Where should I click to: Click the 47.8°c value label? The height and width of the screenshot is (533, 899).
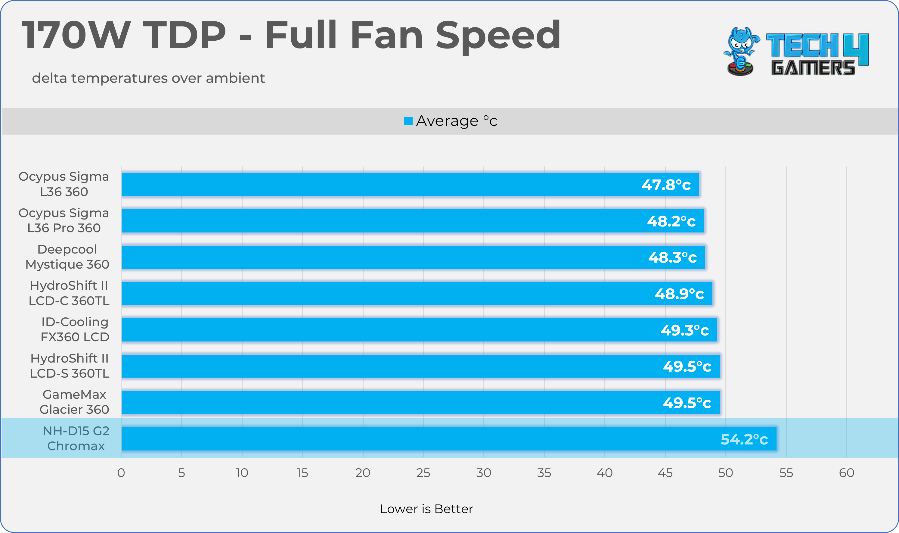click(x=666, y=185)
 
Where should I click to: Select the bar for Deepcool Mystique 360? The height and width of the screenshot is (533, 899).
click(x=413, y=257)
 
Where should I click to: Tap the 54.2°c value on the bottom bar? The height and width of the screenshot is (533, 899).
click(x=744, y=439)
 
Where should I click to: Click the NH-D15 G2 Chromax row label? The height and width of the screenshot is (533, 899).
click(x=76, y=438)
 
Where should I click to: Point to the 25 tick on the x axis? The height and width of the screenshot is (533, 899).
click(x=423, y=473)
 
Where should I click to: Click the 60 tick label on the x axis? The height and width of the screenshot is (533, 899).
click(x=846, y=473)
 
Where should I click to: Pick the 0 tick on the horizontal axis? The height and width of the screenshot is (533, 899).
click(x=121, y=473)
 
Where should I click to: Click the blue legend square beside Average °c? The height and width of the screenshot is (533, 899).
click(x=408, y=121)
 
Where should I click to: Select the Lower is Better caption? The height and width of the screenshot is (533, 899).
click(x=426, y=509)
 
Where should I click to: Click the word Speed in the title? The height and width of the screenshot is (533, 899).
click(x=498, y=35)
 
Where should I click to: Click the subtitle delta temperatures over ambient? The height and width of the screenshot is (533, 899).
click(x=148, y=78)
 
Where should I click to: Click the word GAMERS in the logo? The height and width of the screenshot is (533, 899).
click(x=813, y=68)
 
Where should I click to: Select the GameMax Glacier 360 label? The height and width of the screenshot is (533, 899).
click(x=74, y=402)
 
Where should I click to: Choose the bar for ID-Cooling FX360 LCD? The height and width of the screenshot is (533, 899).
click(x=419, y=330)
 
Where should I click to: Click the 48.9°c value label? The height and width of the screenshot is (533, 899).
click(x=679, y=294)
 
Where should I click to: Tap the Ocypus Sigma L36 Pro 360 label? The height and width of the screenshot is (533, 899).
click(x=64, y=220)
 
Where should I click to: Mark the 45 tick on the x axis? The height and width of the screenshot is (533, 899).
click(x=665, y=473)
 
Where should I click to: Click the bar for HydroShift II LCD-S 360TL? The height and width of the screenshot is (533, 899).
click(x=420, y=366)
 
